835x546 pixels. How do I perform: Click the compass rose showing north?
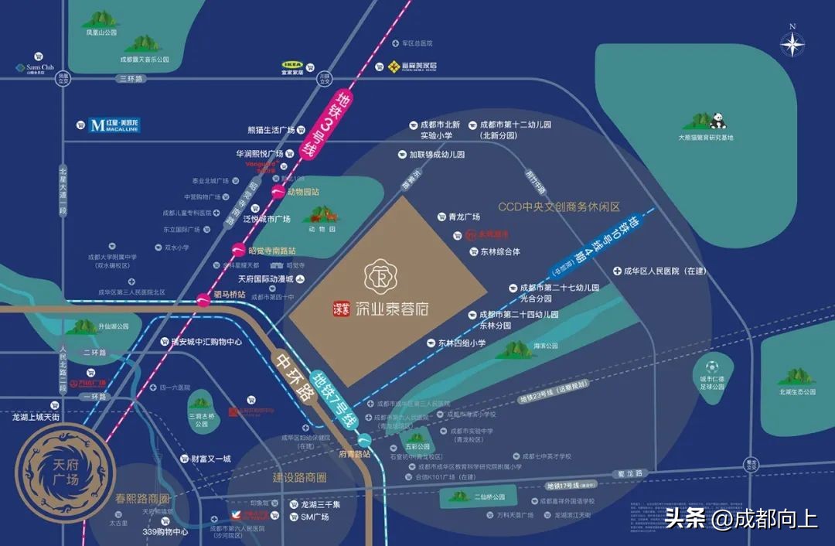(x=792, y=44)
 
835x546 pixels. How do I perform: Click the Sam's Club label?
(x=35, y=67)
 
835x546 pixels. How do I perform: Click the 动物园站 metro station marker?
(x=280, y=193)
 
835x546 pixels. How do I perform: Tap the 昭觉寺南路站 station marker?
(x=239, y=249)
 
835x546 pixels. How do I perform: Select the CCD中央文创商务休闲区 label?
(x=559, y=207)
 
